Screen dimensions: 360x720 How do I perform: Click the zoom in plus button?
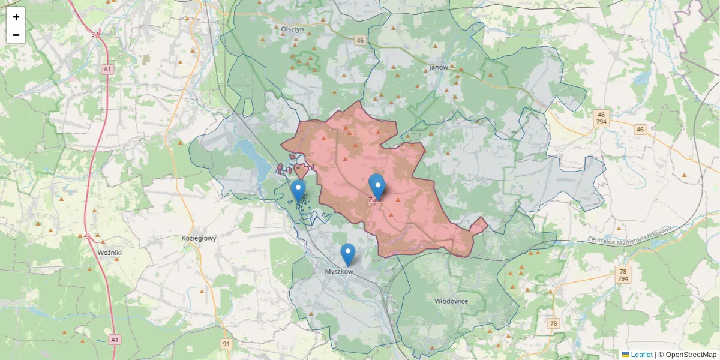[16, 17]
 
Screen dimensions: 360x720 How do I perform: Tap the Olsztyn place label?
[293, 28]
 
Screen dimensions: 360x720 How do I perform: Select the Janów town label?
[439, 67]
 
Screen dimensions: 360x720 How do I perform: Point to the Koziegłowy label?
[199, 238]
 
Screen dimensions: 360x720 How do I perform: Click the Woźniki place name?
[110, 253]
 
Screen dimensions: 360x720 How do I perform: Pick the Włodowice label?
[451, 299]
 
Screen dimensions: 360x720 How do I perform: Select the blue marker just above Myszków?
[347, 254]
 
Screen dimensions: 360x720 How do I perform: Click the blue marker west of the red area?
[298, 191]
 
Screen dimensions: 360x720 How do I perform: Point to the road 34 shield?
[95, 35]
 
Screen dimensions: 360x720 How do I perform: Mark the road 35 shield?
[87, 235]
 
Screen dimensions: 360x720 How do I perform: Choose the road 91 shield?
[226, 344]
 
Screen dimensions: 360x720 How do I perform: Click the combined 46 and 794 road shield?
[602, 118]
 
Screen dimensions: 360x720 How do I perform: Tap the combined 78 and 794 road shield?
[623, 275]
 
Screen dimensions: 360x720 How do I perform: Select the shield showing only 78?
[553, 323]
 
